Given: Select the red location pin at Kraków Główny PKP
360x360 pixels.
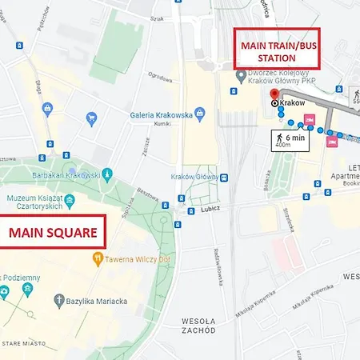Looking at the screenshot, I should click(x=274, y=94).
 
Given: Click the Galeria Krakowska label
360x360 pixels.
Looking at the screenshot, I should click(x=162, y=114).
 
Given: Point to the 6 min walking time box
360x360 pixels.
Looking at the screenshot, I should click(x=287, y=141).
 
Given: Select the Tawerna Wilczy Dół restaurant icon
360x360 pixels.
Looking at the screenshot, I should click(x=98, y=258).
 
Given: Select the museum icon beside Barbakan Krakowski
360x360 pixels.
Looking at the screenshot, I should click(x=108, y=174).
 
